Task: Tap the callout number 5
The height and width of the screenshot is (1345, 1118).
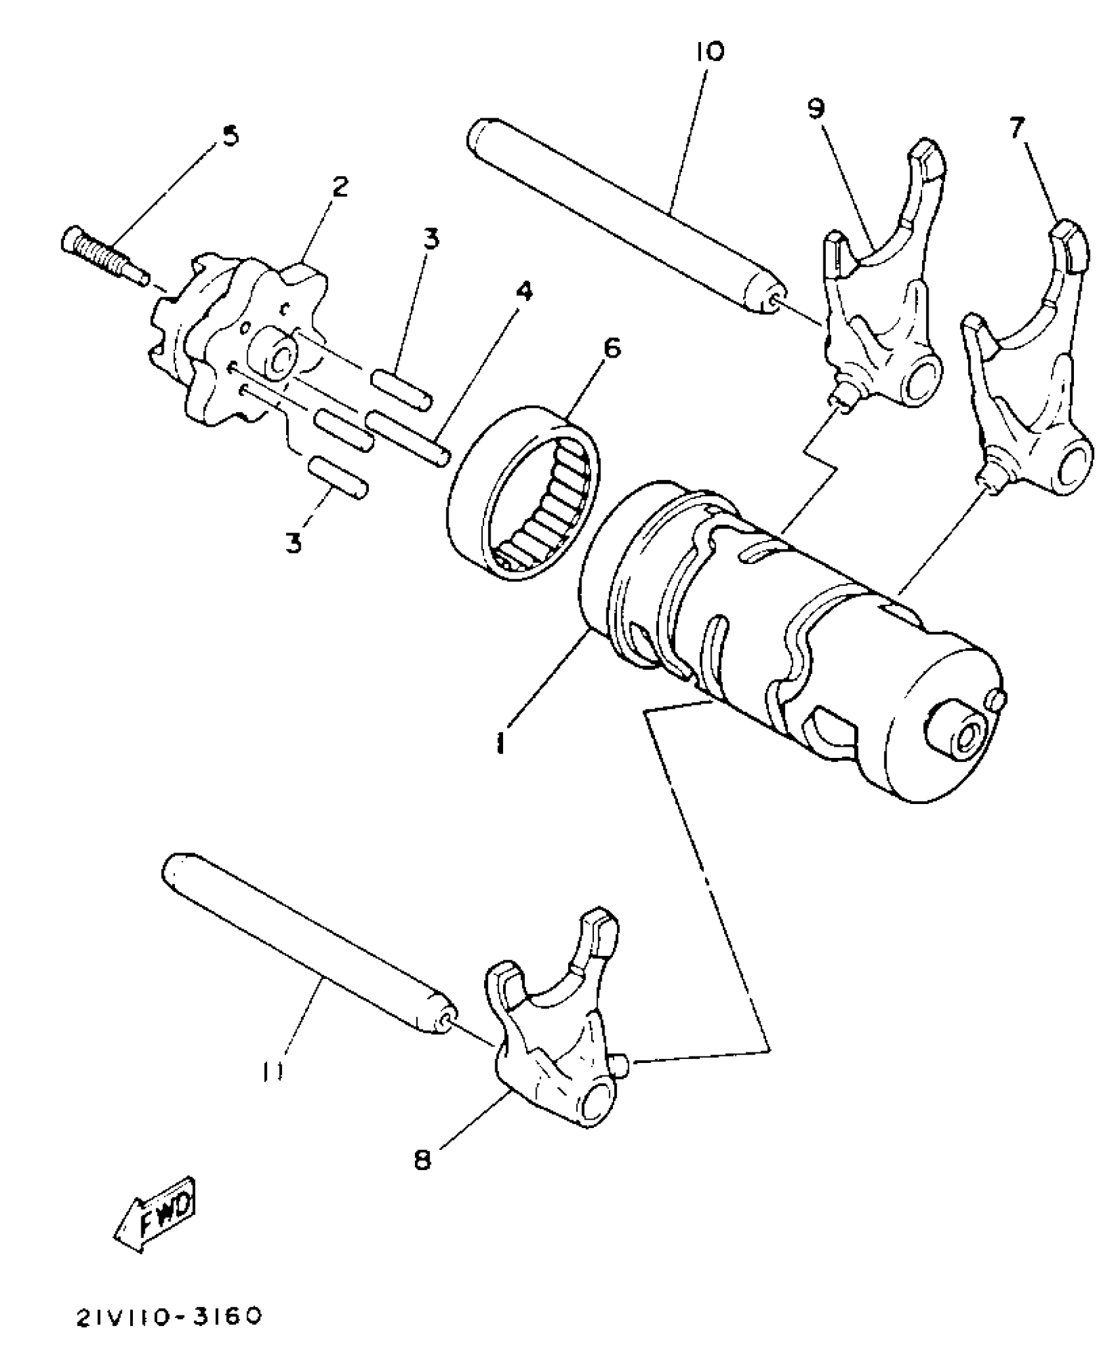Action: pyautogui.click(x=230, y=136)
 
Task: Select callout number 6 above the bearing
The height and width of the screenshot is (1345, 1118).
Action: pyautogui.click(x=611, y=349)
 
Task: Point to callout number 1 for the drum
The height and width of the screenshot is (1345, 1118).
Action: pyautogui.click(x=501, y=744)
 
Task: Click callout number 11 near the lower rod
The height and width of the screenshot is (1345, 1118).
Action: pyautogui.click(x=272, y=1072)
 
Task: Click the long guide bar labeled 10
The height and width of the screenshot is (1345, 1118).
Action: pyautogui.click(x=625, y=217)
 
